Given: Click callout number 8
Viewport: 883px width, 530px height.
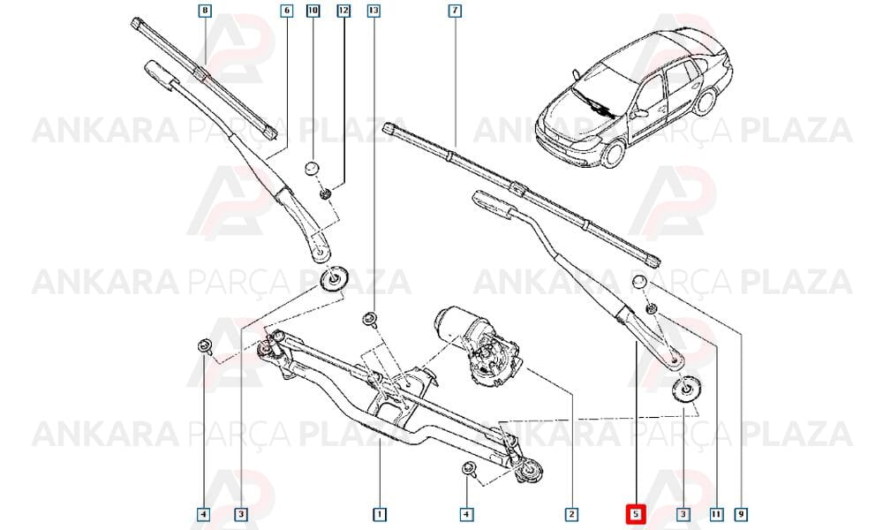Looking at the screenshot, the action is point(205,10).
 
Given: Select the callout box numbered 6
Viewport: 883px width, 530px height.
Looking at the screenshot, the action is point(287,10).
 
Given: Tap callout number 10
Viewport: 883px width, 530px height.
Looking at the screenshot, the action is point(313,10).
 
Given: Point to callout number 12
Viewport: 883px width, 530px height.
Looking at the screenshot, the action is point(343,10).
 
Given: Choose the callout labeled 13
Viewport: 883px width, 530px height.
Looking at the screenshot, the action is point(374,10).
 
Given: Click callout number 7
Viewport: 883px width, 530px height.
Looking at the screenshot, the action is point(455,10).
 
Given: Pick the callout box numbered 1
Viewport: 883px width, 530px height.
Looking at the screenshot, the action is point(380,514).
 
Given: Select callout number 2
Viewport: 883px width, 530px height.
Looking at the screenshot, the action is point(571,514).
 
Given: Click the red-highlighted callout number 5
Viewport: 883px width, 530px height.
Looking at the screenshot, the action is point(636,514).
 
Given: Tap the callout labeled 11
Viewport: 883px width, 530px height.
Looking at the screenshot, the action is point(716,514).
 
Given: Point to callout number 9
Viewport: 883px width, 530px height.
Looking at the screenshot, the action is point(742,514).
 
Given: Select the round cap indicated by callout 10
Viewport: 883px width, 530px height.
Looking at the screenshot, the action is point(313,169).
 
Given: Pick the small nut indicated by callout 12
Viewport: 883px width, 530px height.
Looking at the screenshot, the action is point(325,194).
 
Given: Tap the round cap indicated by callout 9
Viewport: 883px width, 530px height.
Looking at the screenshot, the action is point(639,282).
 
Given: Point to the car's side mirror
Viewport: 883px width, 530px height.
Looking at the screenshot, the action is point(639,114).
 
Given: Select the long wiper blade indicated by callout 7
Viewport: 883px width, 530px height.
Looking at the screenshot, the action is point(522,194).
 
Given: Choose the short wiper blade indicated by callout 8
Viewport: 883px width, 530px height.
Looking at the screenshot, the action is point(205,79).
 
